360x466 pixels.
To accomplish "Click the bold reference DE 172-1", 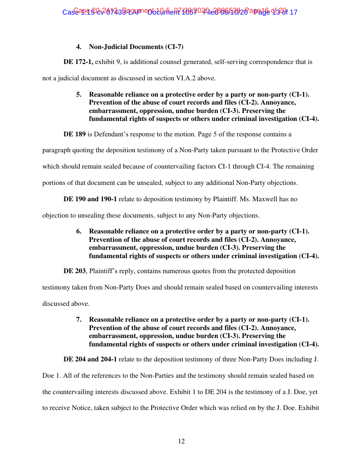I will pyautogui.click(x=78, y=62).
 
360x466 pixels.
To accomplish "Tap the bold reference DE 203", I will pyautogui.click(x=75, y=271).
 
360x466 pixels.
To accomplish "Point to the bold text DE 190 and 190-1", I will pyautogui.click(x=90, y=199).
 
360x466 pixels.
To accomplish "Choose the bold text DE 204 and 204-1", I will pyautogui.click(x=90, y=359).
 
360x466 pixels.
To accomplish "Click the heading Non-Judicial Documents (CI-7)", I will pyautogui.click(x=136, y=46).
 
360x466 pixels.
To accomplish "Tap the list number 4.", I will pyautogui.click(x=79, y=46).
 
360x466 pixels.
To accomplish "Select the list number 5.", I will pyautogui.click(x=79, y=94).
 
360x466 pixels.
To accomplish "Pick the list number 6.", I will pyautogui.click(x=79, y=231).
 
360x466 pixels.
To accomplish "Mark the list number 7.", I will pyautogui.click(x=79, y=319).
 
